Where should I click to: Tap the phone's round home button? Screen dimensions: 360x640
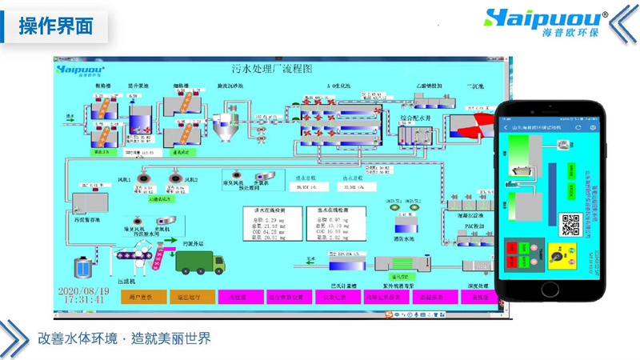pyautogui.click(x=553, y=288)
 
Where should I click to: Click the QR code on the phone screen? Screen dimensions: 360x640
pyautogui.click(x=570, y=225)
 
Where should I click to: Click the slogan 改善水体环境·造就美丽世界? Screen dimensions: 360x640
pyautogui.click(x=124, y=338)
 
